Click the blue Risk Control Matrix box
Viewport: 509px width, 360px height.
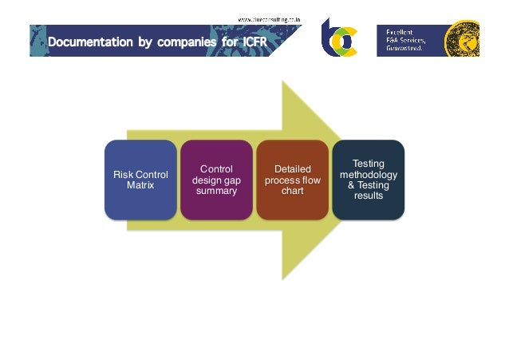pos(140,180)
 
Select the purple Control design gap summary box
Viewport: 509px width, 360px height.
pos(216,180)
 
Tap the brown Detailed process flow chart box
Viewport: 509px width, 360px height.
pos(292,180)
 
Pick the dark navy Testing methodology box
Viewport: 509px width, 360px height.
pos(368,180)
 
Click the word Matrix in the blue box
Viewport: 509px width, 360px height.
pos(140,185)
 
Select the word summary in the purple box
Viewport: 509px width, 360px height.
pos(216,190)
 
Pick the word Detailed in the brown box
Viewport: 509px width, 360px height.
pos(292,169)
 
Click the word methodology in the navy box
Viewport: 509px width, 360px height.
pos(368,174)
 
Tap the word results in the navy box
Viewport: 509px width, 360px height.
pos(368,196)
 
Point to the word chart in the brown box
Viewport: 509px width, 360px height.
pos(292,190)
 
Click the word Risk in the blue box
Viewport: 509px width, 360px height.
pos(122,175)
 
